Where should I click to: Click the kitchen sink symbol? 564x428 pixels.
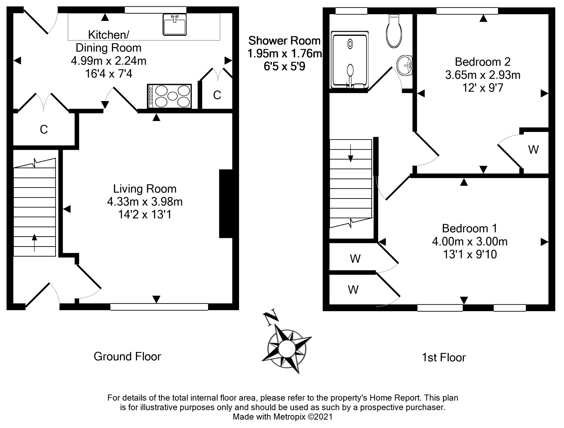175,24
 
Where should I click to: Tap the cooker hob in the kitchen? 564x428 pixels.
169,96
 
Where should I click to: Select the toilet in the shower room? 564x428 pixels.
394,32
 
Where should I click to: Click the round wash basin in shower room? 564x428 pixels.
405,65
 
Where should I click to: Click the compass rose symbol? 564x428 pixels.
287,348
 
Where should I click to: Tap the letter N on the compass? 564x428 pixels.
271,317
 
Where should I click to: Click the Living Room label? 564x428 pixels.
145,189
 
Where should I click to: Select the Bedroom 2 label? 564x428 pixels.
483,62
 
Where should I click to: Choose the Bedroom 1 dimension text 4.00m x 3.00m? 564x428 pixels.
470,241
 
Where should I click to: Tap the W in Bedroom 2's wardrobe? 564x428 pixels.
533,150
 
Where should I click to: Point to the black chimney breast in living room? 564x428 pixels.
226,203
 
